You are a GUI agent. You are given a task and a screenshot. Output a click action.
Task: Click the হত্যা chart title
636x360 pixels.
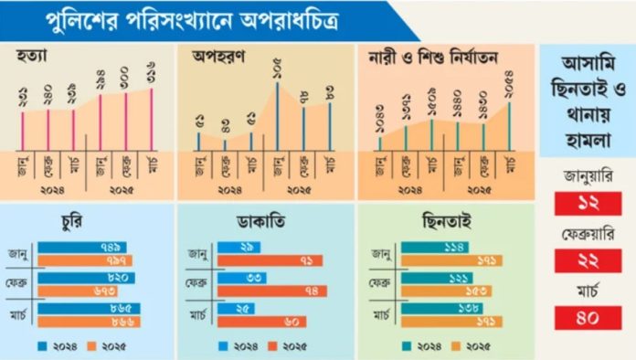tap(33, 57)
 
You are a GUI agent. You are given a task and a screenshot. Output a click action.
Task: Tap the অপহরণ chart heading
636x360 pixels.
tap(216, 57)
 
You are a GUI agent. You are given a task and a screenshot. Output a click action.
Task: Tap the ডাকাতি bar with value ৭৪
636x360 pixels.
tap(275, 290)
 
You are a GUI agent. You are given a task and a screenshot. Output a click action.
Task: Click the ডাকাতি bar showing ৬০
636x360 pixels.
tap(268, 322)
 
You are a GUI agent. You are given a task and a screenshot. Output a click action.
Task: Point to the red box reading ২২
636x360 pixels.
tap(588, 261)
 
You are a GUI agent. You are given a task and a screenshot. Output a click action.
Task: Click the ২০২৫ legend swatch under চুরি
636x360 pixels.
tap(101, 346)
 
